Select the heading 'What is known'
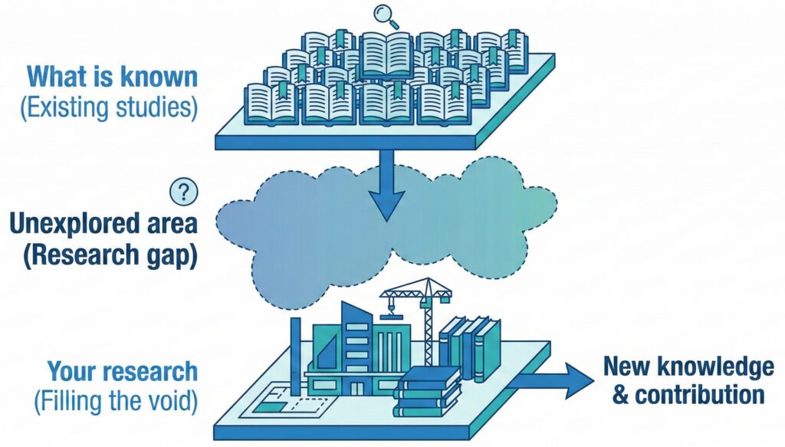click(x=113, y=77)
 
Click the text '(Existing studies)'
click(x=109, y=107)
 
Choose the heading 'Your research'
click(x=123, y=372)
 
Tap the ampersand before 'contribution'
click(x=611, y=396)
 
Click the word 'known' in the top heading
click(x=162, y=77)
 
